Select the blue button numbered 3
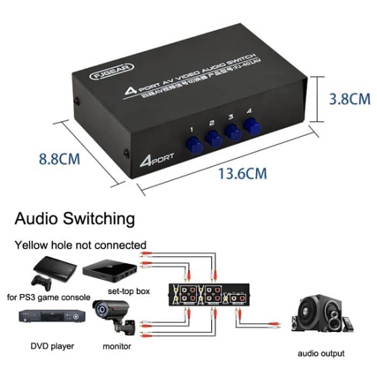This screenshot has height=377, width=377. click(233, 132)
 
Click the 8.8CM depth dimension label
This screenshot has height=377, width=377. click(59, 159)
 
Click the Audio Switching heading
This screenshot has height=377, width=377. click(74, 219)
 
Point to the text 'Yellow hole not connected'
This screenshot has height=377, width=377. click(80, 245)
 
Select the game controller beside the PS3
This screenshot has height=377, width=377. click(41, 281)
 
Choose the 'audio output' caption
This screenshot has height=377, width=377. click(320, 354)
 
